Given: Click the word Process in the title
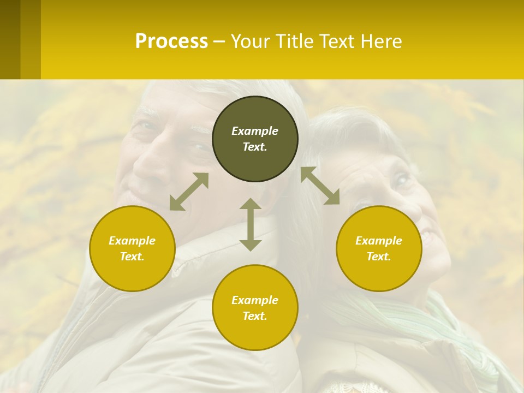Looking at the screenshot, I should pyautogui.click(x=171, y=41).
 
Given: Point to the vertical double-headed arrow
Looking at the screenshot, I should pyautogui.click(x=251, y=224).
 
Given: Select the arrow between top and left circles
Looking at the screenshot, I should pyautogui.click(x=189, y=192).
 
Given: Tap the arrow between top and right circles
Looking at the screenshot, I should pyautogui.click(x=320, y=186).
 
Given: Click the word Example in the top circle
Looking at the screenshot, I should pyautogui.click(x=255, y=131).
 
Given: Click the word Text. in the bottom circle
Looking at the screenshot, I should pyautogui.click(x=255, y=316).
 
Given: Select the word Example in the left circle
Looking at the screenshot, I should pyautogui.click(x=132, y=241).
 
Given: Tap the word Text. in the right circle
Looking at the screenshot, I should pyautogui.click(x=379, y=257).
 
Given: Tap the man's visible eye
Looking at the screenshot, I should pyautogui.click(x=148, y=126).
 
